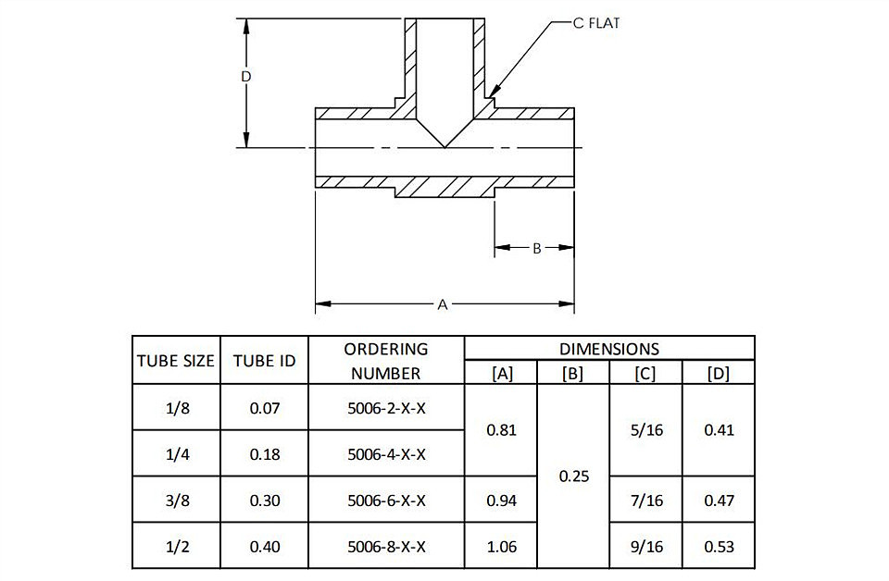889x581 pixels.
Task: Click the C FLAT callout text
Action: (x=595, y=23)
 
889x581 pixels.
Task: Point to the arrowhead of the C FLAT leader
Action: (x=491, y=95)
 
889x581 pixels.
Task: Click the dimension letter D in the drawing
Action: (x=245, y=77)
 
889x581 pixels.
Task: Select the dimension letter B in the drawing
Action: (x=536, y=248)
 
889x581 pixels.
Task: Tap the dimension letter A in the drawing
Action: (x=443, y=304)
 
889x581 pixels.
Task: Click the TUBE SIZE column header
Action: (x=176, y=361)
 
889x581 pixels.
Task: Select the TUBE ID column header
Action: (x=264, y=361)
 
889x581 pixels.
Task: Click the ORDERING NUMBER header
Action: (x=385, y=361)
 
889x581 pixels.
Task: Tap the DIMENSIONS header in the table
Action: (x=609, y=349)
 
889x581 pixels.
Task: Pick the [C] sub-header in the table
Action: (x=645, y=373)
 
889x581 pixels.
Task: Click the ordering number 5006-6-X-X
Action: (x=386, y=501)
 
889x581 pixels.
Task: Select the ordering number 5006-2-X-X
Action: (x=386, y=408)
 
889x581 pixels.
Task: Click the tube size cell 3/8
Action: (x=178, y=501)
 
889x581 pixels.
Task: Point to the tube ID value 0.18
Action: (x=265, y=455)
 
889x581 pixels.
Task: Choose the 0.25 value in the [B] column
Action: (x=574, y=476)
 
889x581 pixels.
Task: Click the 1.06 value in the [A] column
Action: (x=502, y=547)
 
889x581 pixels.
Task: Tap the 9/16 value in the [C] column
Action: (x=646, y=547)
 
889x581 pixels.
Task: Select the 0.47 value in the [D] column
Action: (x=719, y=501)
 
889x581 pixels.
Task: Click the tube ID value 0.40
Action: (x=265, y=547)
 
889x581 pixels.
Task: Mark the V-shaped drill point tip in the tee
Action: (x=444, y=147)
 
